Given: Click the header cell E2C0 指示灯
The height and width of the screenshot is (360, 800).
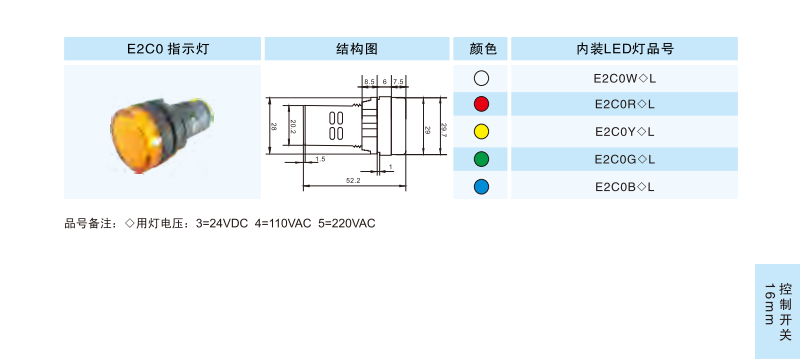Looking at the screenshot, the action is [162, 49].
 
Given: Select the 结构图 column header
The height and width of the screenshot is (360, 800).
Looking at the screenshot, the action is [357, 49].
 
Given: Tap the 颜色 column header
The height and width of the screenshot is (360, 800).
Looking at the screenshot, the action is [481, 49].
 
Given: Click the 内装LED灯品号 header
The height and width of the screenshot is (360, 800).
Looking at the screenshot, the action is [624, 49].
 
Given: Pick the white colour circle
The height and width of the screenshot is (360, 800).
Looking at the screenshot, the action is [481, 78].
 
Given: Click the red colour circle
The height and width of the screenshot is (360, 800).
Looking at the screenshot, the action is [481, 104].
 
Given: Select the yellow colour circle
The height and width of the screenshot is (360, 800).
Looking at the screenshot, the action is [481, 132].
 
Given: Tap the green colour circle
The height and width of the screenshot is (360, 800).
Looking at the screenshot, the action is [481, 159].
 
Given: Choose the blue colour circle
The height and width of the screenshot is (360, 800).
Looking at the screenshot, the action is [481, 187].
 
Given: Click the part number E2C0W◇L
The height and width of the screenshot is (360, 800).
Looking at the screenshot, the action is [624, 79].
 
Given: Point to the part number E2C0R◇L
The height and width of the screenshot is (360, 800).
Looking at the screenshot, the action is [624, 105].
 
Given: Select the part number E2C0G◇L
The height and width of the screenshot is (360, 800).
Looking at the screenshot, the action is [624, 160].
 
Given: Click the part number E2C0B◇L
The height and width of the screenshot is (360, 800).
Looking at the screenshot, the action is [624, 187].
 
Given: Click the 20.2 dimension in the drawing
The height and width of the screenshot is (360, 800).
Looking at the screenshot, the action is [293, 125].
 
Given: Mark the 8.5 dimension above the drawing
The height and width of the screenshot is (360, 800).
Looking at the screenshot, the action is [369, 81].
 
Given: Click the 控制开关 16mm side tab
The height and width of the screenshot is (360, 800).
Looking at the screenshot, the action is [778, 311].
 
